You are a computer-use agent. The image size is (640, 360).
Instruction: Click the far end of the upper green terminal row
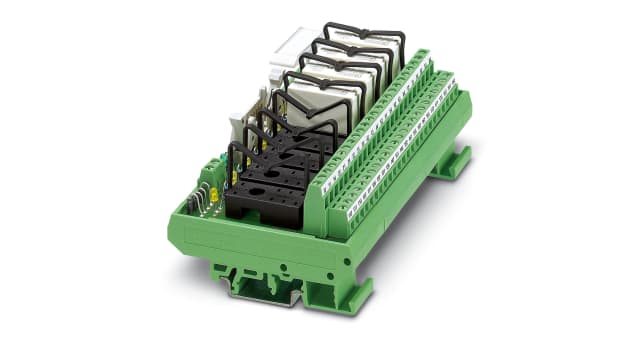pos(424,56)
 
